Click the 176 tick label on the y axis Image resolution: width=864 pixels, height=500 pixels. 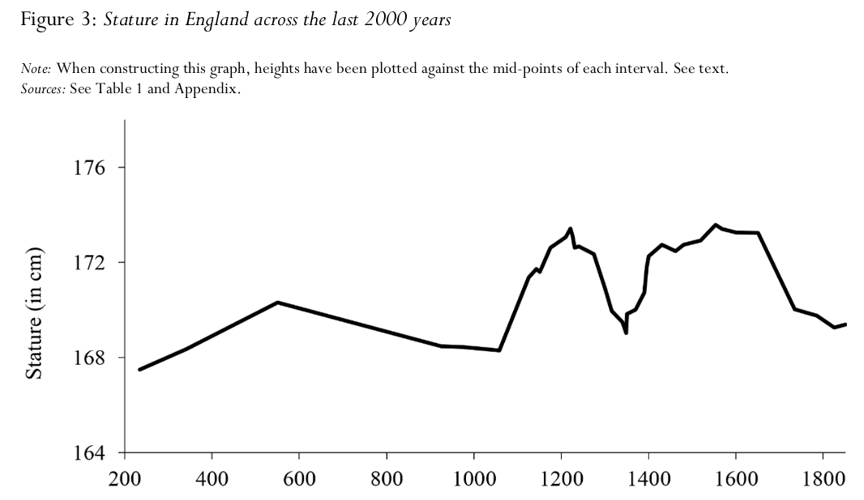(x=89, y=168)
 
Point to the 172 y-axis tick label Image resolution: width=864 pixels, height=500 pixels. (x=89, y=262)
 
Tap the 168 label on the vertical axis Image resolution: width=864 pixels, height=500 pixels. (x=89, y=357)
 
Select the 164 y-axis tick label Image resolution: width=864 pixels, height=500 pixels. (x=89, y=453)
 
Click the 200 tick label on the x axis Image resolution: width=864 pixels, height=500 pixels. (x=125, y=478)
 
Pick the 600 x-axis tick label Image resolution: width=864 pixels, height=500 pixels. (x=299, y=478)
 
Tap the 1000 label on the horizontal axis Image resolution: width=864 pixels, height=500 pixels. (x=474, y=478)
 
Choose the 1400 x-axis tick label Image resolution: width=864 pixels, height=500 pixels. (x=648, y=478)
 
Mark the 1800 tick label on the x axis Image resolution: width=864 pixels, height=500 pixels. (x=823, y=478)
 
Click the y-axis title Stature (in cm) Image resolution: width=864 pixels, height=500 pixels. (x=34, y=314)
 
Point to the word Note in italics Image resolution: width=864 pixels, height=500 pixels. (x=36, y=69)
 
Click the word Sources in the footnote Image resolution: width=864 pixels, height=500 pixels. (x=43, y=88)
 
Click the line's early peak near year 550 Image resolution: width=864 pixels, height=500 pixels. (x=278, y=302)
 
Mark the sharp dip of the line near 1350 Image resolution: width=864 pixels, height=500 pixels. (x=626, y=332)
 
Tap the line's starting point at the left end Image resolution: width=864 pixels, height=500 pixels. (x=139, y=370)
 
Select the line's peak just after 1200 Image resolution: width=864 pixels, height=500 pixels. (x=571, y=228)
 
